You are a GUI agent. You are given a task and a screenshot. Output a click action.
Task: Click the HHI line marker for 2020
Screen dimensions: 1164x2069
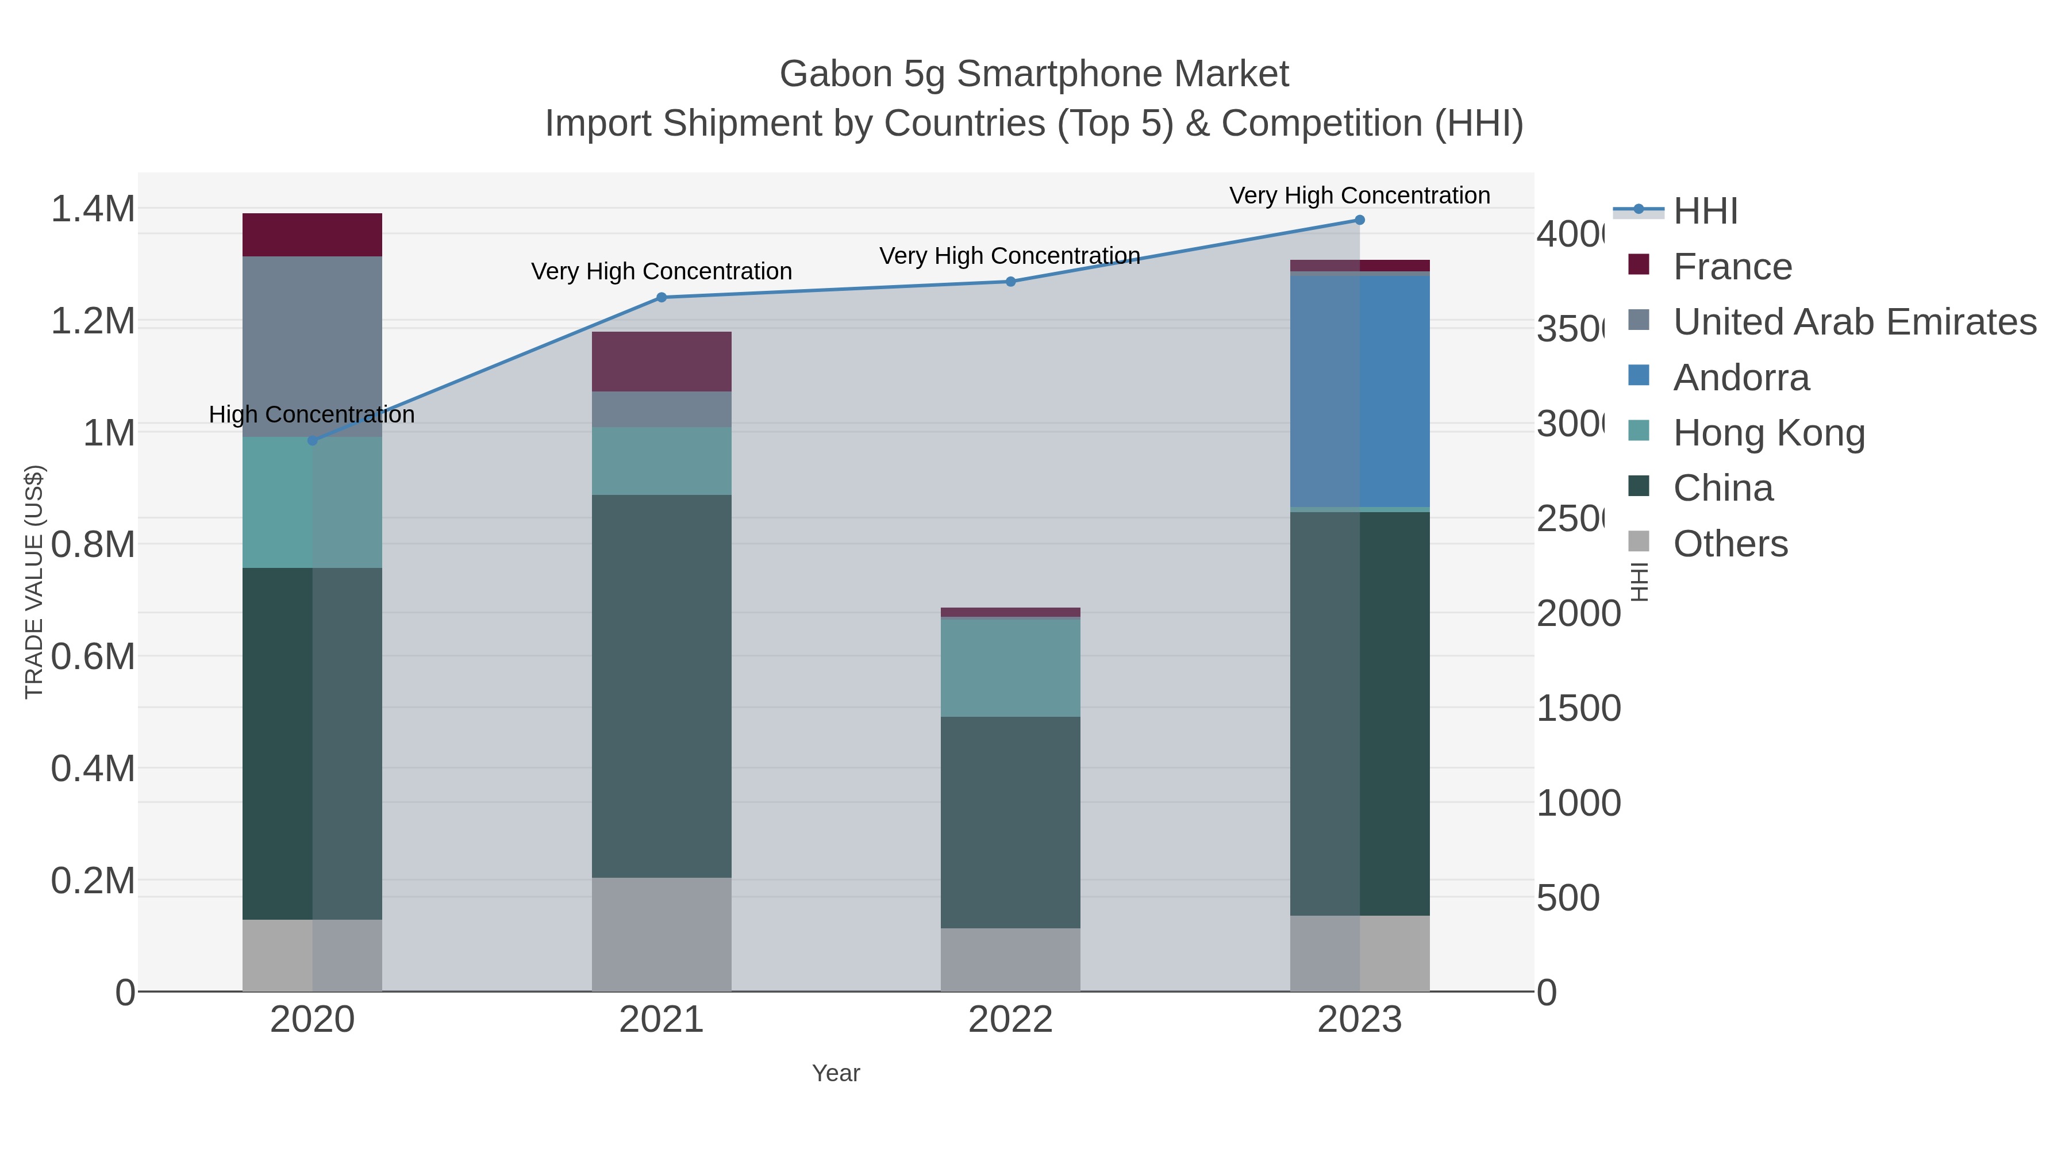pos(313,440)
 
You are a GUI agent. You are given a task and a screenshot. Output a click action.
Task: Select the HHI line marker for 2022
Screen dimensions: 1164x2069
pos(1010,281)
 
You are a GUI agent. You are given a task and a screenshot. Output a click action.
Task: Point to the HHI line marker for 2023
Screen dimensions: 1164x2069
pos(1360,220)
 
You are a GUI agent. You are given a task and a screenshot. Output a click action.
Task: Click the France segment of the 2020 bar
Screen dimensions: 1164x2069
pos(313,235)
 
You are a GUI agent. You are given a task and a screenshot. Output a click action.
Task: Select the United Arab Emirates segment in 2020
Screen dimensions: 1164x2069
pos(313,345)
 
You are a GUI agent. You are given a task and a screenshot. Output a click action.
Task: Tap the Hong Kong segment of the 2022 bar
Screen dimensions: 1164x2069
pos(1010,667)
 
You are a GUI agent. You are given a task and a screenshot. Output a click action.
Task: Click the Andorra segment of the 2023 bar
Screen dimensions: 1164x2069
pos(1360,391)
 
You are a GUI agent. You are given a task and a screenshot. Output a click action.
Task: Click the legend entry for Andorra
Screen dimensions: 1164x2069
pos(1741,378)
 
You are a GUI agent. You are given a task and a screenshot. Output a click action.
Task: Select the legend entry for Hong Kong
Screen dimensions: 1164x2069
pos(1768,433)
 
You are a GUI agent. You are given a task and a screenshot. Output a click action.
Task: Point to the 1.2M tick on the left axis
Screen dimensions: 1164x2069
pos(93,321)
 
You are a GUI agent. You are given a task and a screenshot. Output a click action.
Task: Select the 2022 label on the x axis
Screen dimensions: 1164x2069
pos(1010,1020)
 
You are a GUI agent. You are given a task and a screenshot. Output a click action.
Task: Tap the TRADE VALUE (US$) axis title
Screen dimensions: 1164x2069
pos(34,582)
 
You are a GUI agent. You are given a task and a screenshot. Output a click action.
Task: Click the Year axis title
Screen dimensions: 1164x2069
pos(835,1073)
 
